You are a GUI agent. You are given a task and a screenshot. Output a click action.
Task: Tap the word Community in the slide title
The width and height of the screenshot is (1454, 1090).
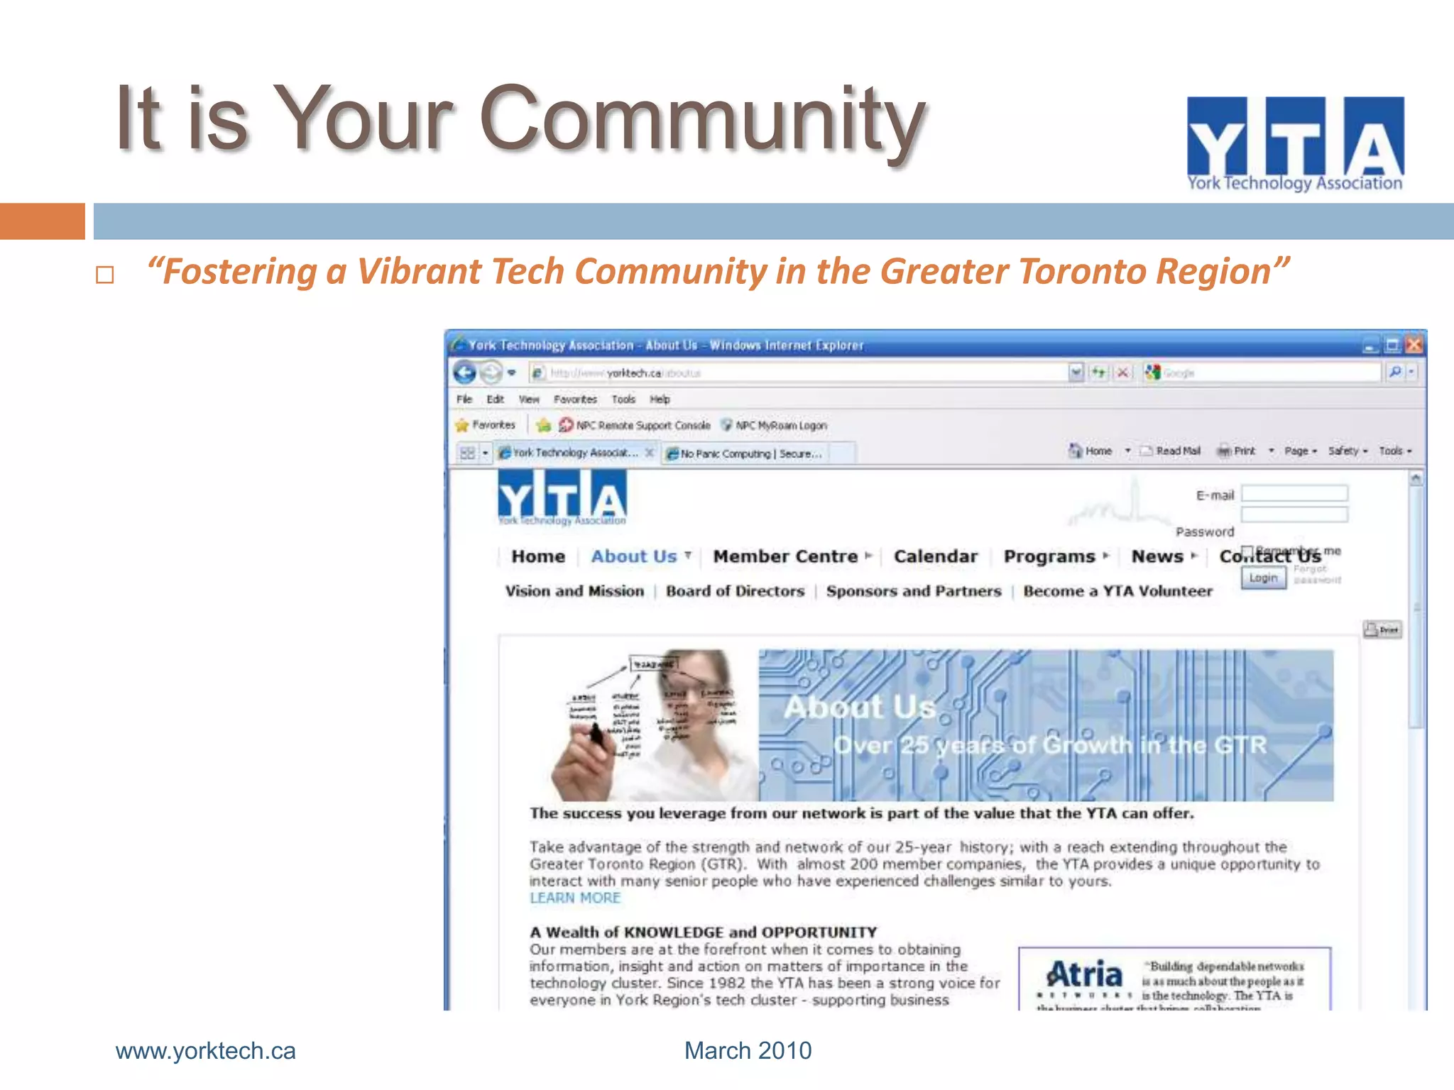point(703,119)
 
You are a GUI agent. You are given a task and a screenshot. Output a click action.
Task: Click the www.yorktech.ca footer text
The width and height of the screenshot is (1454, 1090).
point(205,1051)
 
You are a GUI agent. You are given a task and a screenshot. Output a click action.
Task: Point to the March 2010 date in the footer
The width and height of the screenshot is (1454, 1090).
point(748,1051)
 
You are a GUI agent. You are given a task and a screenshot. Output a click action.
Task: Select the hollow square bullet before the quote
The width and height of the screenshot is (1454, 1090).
point(105,275)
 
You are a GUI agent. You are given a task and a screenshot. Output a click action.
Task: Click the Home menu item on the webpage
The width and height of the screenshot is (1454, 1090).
point(538,557)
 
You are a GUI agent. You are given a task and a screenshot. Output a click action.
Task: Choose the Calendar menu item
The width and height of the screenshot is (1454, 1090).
point(935,557)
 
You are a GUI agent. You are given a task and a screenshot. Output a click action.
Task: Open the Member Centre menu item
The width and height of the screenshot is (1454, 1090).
point(785,557)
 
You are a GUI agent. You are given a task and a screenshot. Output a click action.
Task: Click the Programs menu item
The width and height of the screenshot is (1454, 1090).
point(1049,557)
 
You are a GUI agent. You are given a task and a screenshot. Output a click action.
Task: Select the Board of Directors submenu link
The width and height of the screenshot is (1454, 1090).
point(735,592)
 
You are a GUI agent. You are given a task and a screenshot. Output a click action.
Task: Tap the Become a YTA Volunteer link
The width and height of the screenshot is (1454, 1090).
point(1117,592)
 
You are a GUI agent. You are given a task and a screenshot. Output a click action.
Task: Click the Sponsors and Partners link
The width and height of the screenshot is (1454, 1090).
point(914,592)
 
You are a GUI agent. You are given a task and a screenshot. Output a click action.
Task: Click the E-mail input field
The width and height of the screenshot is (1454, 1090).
point(1294,494)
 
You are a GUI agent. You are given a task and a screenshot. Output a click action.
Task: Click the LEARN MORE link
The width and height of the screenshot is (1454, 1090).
point(575,898)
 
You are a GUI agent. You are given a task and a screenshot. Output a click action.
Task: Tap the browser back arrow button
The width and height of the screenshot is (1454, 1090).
point(465,373)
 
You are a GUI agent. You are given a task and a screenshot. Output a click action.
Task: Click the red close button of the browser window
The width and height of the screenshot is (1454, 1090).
point(1414,346)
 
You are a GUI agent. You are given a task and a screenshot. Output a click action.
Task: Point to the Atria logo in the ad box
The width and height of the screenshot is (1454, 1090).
point(1084,976)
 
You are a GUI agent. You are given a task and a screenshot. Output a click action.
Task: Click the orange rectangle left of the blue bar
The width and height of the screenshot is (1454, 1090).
point(42,221)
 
